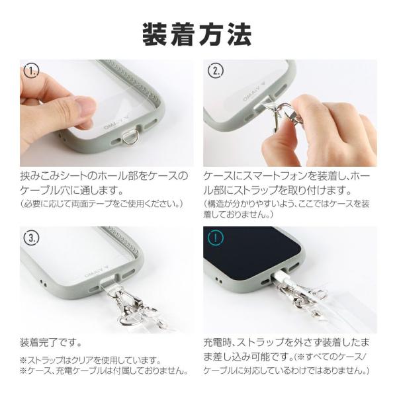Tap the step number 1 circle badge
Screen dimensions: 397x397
30,71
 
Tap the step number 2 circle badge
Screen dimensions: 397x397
216,71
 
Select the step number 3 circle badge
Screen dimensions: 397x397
30,237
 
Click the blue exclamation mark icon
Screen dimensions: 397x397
216,237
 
